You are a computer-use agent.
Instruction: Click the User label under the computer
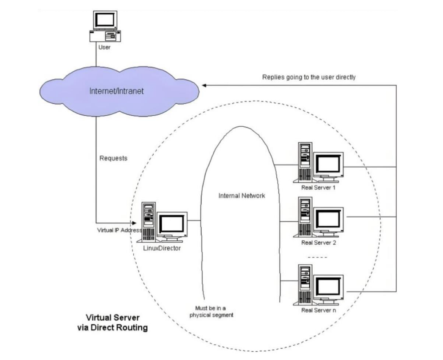click(x=104, y=47)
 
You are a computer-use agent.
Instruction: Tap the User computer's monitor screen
click(x=105, y=20)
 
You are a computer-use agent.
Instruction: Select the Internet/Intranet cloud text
click(x=117, y=91)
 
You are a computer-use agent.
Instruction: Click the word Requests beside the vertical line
click(x=113, y=158)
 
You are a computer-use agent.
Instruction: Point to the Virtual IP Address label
click(x=120, y=230)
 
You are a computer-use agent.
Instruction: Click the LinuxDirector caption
click(x=162, y=248)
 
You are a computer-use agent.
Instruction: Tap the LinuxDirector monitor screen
click(x=172, y=223)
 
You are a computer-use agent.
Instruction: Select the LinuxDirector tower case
click(x=148, y=222)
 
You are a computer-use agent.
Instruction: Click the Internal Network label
click(x=242, y=196)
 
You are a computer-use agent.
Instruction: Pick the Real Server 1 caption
click(x=318, y=187)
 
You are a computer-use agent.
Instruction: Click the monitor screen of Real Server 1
click(x=328, y=164)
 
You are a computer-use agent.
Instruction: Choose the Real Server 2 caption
click(x=318, y=242)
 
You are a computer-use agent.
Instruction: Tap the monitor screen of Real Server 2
click(x=328, y=219)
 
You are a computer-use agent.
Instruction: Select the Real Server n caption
click(x=318, y=310)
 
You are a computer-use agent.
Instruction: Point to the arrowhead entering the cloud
click(x=204, y=85)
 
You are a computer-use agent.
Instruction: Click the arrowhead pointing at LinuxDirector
click(x=134, y=223)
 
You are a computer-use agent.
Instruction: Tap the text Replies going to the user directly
click(x=309, y=77)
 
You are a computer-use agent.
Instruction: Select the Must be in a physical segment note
click(x=211, y=311)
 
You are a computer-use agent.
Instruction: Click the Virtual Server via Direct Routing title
click(x=112, y=322)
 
